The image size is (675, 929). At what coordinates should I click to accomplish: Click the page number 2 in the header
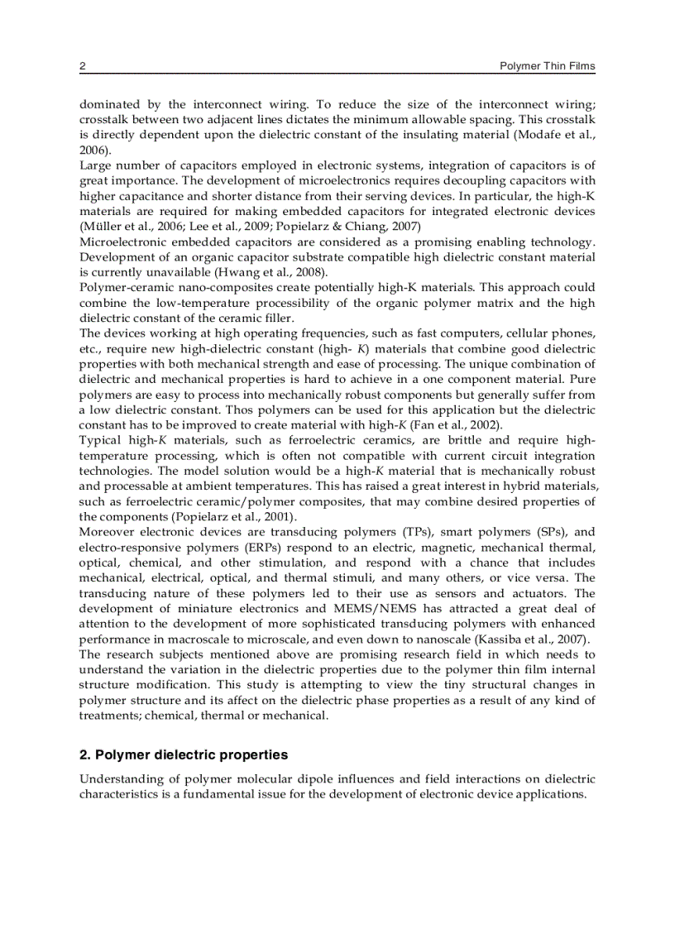(82, 66)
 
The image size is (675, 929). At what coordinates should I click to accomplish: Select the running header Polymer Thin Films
(547, 66)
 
